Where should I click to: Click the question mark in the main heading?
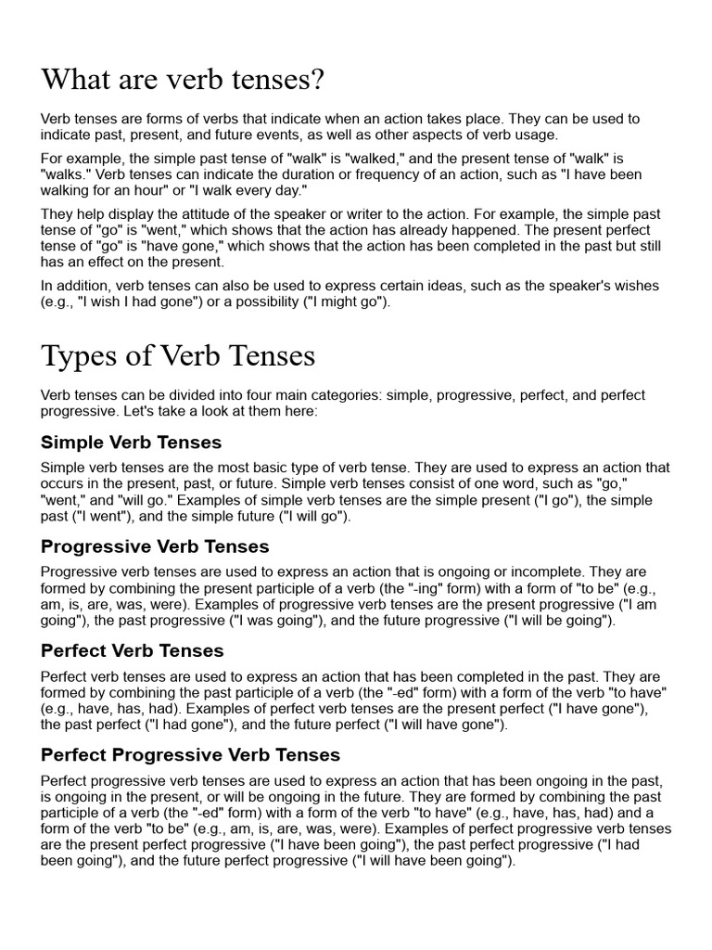pyautogui.click(x=318, y=80)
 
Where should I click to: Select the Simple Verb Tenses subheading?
pyautogui.click(x=131, y=443)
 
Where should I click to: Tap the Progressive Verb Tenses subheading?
pyautogui.click(x=155, y=546)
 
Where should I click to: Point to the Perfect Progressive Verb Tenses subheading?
pyautogui.click(x=190, y=754)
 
